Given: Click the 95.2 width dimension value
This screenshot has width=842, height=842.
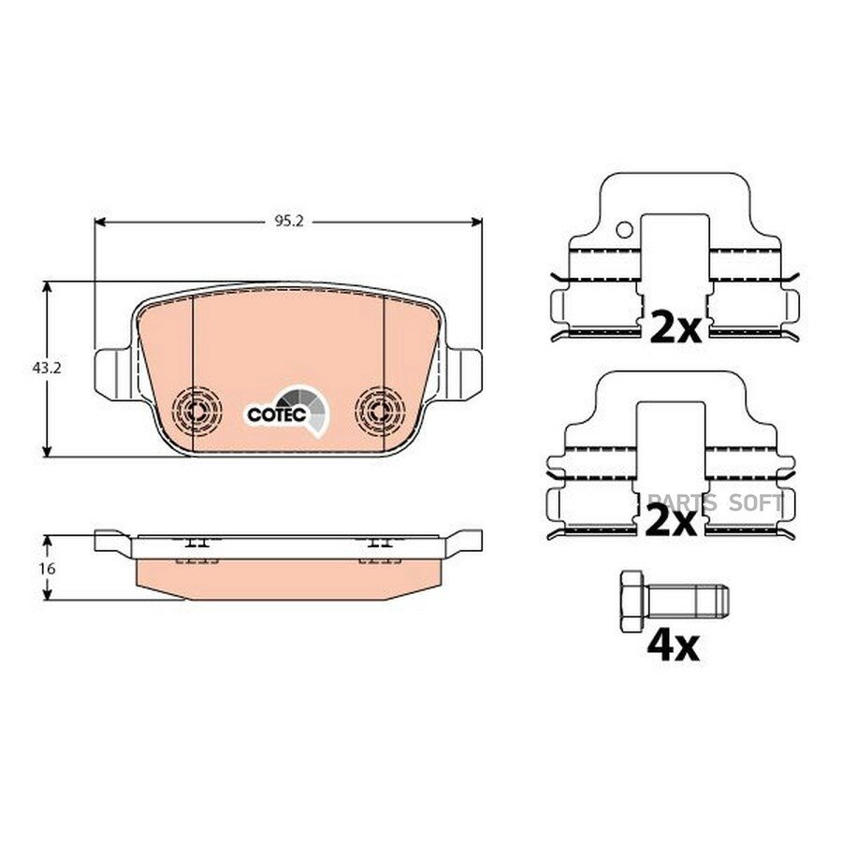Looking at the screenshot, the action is (289, 222).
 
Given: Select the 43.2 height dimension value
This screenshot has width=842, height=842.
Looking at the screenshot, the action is (48, 369).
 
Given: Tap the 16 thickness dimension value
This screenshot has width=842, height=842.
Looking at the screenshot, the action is (48, 568).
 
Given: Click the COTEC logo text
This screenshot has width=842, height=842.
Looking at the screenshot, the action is (277, 414).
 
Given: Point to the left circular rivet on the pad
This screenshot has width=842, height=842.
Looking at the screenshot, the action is (197, 411).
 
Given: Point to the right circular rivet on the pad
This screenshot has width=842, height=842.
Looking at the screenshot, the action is (380, 411).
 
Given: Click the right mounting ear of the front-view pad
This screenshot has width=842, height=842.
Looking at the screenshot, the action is (463, 373).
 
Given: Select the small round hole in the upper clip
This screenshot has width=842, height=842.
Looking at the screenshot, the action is (625, 230).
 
